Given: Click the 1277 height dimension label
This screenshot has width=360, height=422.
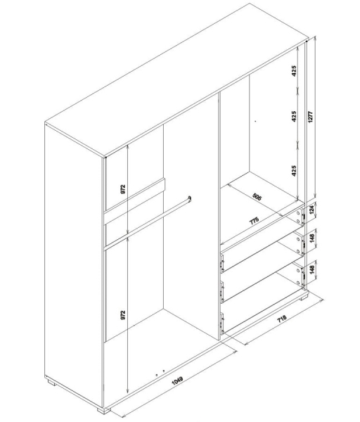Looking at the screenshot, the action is pos(311,117).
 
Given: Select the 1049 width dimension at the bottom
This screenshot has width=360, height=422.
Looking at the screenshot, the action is pos(177,380).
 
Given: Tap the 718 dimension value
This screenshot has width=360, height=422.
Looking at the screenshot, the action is pos(282,319).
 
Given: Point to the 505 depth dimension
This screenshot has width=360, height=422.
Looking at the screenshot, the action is pos(257,197).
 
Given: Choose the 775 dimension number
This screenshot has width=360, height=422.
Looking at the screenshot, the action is pos(255,221).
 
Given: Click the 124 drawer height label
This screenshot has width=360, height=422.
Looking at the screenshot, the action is pos(312,209).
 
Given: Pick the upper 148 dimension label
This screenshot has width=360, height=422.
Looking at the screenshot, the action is pos(312,238).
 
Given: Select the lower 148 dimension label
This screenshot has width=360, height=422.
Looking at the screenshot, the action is pos(312,269).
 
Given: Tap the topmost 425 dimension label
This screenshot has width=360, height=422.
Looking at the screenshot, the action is pos(294,71).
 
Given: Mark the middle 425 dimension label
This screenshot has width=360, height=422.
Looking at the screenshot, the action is pos(294,116).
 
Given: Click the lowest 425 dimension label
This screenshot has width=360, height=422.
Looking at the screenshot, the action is pos(294,171).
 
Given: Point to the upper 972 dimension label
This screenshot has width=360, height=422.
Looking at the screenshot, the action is pos(123,189).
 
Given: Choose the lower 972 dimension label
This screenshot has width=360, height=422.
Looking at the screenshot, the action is pos(123,315).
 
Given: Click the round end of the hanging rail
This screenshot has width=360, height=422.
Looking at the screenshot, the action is pos(190,198).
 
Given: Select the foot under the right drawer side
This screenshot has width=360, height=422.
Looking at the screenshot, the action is pos(304,298).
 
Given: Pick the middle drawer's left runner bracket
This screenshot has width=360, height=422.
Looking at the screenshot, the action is pos(222,293).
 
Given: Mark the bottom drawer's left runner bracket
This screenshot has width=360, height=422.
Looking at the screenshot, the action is pos(222,324).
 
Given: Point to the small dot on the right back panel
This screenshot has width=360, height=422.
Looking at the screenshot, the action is pos(255,122).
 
